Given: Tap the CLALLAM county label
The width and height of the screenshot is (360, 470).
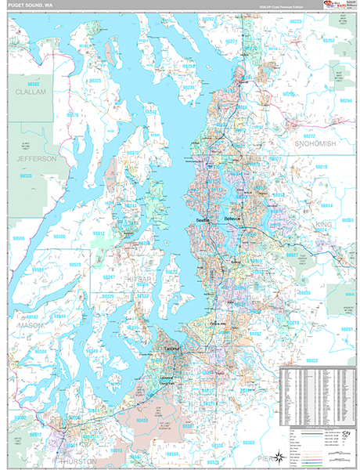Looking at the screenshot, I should [x=31, y=92].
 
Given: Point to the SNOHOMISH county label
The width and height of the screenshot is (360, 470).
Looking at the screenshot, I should [x=315, y=144].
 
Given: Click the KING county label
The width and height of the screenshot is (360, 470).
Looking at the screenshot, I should [x=322, y=224].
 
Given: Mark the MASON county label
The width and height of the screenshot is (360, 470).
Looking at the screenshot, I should [x=29, y=324].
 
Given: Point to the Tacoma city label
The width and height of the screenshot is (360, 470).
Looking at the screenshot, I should [x=171, y=347].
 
